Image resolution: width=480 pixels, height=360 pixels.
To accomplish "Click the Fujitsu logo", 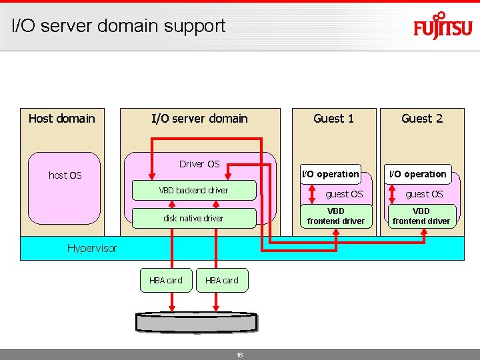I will coord(443,27).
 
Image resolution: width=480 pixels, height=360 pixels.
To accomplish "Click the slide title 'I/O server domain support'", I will coord(119,26).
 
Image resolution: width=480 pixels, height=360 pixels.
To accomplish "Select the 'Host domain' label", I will coord(62,119).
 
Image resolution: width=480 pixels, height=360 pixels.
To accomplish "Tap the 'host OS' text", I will coord(65,175).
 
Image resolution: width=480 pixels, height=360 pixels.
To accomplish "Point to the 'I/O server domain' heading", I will coord(199,119).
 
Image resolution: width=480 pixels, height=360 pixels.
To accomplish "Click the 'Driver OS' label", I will coord(199,164).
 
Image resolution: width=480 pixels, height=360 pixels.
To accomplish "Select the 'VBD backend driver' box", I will coord(193,190).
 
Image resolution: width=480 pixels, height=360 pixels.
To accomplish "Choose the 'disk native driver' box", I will coord(193,218).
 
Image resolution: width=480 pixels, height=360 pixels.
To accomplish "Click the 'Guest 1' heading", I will coord(333,119).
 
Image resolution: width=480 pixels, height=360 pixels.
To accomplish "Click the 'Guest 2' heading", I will coord(421,119).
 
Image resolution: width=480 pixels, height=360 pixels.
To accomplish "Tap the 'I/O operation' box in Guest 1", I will coord(331,174).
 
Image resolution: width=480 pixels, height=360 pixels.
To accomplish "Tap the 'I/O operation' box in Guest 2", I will coord(418,174).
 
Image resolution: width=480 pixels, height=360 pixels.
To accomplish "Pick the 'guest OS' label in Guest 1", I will coord(344,194).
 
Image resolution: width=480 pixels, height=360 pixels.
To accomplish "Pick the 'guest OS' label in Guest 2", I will coord(424,194).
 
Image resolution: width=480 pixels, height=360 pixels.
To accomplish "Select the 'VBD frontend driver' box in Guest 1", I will coord(335,216).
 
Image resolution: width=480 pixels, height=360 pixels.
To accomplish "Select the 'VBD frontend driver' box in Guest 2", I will coord(421,216).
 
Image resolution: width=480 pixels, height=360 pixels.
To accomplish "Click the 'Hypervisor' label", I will coord(92,248).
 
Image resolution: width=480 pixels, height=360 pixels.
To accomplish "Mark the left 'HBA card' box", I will coord(165,280).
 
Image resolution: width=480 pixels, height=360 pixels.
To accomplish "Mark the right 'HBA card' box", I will coord(221,280).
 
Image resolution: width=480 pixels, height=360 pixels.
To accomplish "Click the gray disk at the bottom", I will coord(196,322).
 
